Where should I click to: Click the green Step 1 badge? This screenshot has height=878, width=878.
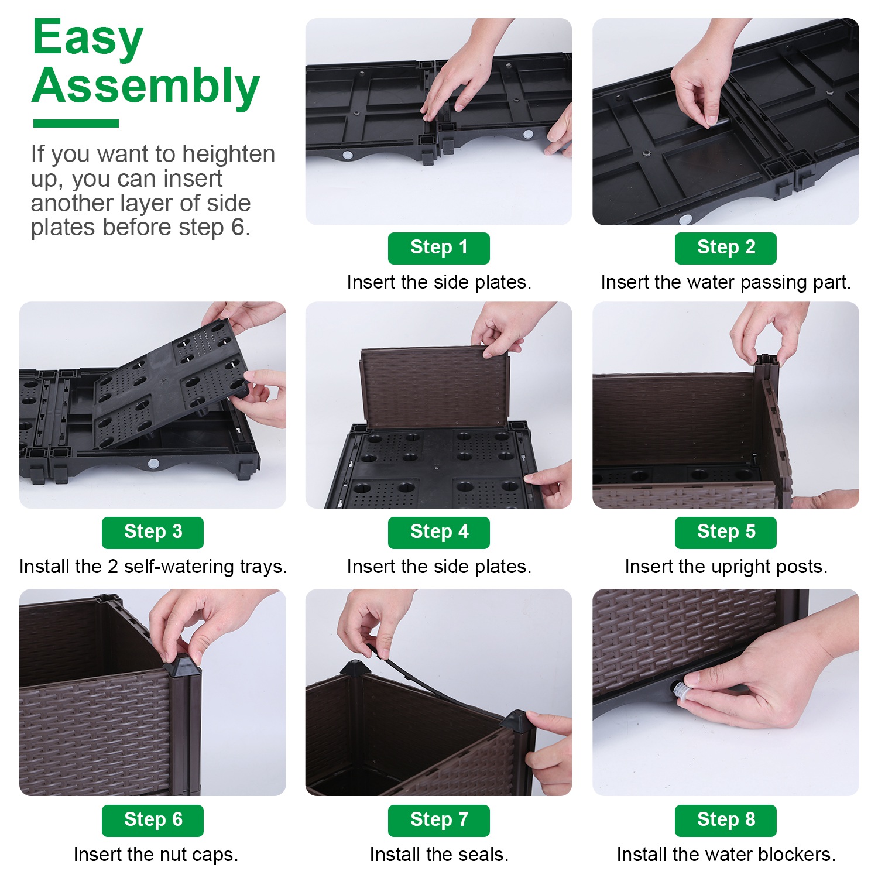pos(439,248)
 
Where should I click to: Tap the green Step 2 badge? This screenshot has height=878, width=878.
pos(726,248)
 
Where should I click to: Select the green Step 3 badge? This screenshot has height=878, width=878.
pos(153,533)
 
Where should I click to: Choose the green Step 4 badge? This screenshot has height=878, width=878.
pos(439,533)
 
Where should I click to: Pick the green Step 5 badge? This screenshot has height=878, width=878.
pos(726,533)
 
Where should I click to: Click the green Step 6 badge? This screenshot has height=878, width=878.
pos(153,821)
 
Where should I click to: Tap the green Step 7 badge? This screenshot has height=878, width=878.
pos(439,821)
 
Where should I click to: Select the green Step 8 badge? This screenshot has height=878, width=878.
pos(726,821)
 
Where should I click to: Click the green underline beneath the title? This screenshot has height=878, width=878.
pos(76,124)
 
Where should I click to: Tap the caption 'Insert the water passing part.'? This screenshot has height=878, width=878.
pos(726,282)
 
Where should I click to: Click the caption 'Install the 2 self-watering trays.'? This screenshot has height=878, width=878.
pos(153,567)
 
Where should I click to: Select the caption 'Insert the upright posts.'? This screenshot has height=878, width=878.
pos(726,567)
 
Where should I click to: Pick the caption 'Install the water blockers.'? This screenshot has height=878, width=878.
pos(726,855)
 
